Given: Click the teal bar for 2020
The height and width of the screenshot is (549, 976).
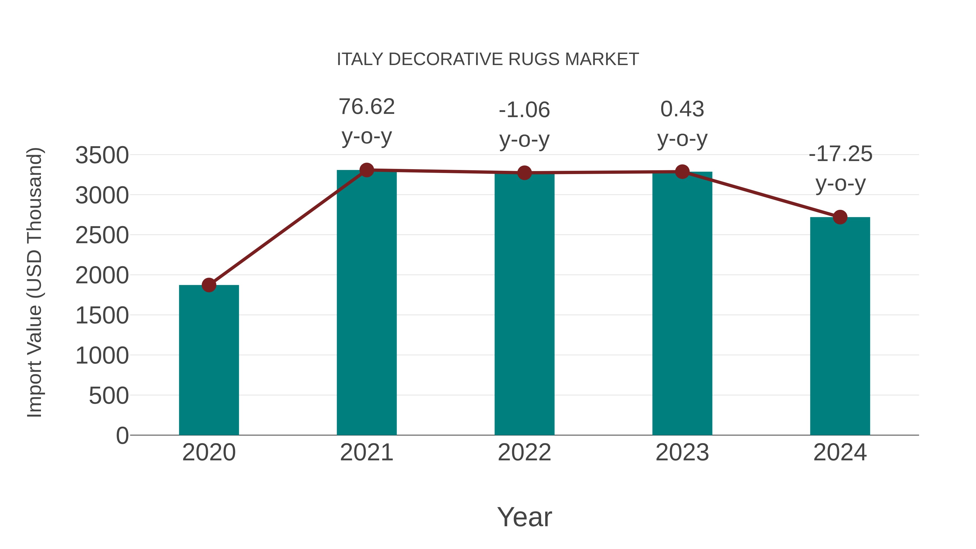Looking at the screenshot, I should point(209,360).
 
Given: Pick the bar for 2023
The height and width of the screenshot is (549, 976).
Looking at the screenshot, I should point(682,303).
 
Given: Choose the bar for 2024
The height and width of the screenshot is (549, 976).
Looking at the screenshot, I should point(840,326).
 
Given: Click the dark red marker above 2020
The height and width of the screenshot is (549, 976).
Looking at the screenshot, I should point(209,285).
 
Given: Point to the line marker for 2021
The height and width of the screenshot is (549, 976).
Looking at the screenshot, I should point(366,170).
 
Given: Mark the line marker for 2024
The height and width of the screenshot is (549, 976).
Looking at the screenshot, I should point(840,217).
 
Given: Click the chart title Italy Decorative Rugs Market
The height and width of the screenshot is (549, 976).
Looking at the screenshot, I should point(488,59).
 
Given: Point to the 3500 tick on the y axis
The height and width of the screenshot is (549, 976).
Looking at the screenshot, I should point(102,155).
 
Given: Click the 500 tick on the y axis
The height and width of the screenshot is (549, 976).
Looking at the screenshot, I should point(109,396).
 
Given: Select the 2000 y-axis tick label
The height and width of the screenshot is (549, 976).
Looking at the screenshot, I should point(102,275).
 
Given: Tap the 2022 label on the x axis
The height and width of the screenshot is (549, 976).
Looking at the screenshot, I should point(524,452).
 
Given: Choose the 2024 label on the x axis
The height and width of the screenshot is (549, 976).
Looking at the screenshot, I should point(840,452).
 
